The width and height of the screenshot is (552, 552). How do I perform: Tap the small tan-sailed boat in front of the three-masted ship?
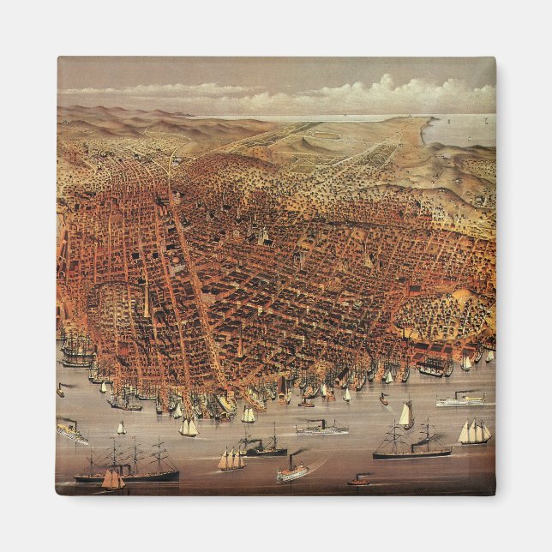point(111,480)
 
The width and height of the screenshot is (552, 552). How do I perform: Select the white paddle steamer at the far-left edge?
point(71,431)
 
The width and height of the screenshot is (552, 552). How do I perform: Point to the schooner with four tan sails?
point(230,460)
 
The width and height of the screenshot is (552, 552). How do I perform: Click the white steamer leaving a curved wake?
point(292,471)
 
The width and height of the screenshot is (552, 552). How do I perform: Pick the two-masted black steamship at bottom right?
point(411,447)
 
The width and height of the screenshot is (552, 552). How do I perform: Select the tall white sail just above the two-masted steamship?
point(405,415)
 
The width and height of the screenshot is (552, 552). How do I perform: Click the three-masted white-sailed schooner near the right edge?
point(474,432)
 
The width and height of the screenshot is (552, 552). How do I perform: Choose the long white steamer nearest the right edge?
point(460,400)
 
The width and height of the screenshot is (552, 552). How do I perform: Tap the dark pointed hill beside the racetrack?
point(300,146)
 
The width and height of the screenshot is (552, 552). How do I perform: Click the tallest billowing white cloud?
point(385,86)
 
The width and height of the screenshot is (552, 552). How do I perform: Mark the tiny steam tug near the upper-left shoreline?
point(61,390)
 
